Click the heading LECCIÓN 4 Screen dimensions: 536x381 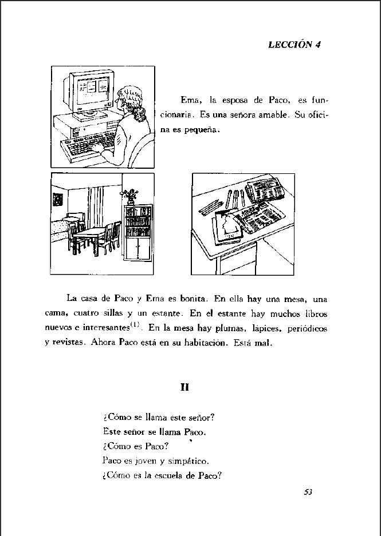click(293, 45)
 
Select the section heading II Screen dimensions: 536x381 click(184, 387)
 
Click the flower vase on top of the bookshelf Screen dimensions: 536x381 click(131, 195)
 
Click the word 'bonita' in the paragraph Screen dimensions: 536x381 click(193, 299)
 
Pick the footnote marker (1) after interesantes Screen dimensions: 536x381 click(135, 325)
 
